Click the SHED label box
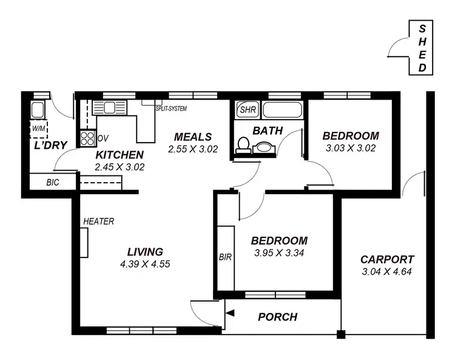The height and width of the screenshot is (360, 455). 422,47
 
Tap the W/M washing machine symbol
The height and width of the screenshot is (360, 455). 38,129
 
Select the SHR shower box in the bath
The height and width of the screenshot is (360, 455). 248,110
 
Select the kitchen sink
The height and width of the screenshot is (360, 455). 109,108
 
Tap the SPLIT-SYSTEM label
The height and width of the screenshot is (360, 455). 170,109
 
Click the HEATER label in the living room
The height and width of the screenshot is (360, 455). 98,222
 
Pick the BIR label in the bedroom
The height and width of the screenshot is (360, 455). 225,257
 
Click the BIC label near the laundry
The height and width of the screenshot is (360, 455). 52,182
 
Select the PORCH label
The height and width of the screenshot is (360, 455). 277,317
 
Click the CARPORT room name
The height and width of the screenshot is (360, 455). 386,259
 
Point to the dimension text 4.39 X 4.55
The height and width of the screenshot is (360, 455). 145,264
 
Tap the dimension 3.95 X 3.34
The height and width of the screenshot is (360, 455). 279,253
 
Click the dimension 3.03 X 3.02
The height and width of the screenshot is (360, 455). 350,148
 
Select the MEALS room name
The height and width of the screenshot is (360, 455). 192,137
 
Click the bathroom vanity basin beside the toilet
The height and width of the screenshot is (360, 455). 264,147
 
